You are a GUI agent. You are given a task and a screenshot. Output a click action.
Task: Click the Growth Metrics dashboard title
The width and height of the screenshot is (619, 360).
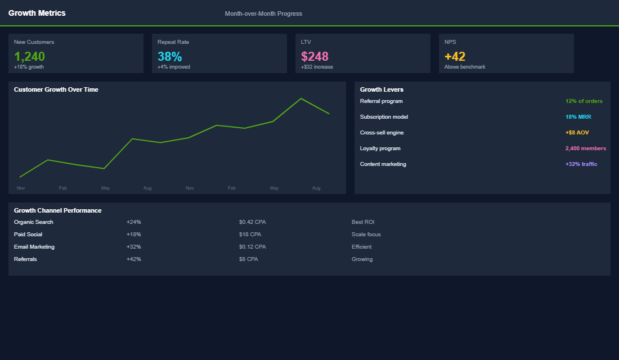pos(37,13)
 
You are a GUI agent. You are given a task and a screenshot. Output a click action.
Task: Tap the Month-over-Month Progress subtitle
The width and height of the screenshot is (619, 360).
pos(263,13)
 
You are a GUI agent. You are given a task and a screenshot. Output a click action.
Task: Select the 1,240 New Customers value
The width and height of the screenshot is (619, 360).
pos(29,56)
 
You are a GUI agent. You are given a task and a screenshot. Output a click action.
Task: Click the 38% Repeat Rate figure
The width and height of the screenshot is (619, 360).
pos(170,56)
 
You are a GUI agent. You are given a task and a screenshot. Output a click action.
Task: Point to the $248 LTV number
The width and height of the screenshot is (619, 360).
pos(315,56)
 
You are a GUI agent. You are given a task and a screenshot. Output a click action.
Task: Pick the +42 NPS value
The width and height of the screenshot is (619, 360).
pos(455,56)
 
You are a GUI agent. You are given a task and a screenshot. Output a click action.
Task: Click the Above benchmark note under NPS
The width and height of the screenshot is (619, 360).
pos(465,67)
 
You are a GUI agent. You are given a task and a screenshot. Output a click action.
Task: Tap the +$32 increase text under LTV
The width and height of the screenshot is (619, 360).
pos(317,67)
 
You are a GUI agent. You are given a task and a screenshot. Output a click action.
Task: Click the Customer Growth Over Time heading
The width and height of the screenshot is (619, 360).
pos(56,89)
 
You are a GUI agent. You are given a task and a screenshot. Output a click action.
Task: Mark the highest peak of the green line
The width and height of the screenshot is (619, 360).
pos(301,98)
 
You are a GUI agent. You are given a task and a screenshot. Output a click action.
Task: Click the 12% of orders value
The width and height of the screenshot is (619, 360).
pos(584,101)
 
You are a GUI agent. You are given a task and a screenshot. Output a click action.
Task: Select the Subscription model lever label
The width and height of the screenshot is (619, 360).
pos(384,117)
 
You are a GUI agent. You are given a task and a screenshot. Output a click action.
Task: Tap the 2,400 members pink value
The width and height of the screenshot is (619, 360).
pos(585,148)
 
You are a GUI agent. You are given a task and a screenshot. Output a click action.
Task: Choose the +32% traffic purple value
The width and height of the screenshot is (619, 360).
pos(581,164)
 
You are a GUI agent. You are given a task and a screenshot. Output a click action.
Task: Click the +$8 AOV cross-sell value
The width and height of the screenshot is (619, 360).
pos(577,133)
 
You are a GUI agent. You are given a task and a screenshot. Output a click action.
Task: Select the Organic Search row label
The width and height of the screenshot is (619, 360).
pos(34,222)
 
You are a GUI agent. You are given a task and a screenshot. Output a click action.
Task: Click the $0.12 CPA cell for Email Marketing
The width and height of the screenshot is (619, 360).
pos(252,247)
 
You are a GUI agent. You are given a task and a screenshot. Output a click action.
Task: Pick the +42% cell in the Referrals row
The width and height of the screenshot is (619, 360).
pos(134,259)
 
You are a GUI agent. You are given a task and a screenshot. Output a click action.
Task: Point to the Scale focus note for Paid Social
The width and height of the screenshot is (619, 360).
pos(366,235)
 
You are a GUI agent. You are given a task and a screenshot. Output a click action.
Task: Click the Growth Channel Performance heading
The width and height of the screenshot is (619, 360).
pos(58,210)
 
